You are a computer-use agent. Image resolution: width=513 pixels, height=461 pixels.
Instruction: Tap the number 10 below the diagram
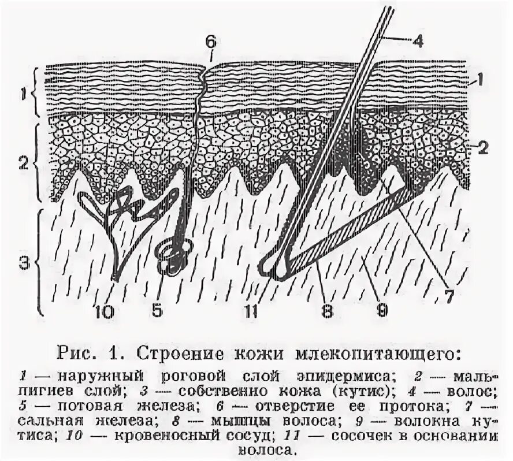tap(106, 311)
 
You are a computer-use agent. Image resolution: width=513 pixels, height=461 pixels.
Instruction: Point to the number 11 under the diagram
tap(250, 311)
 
